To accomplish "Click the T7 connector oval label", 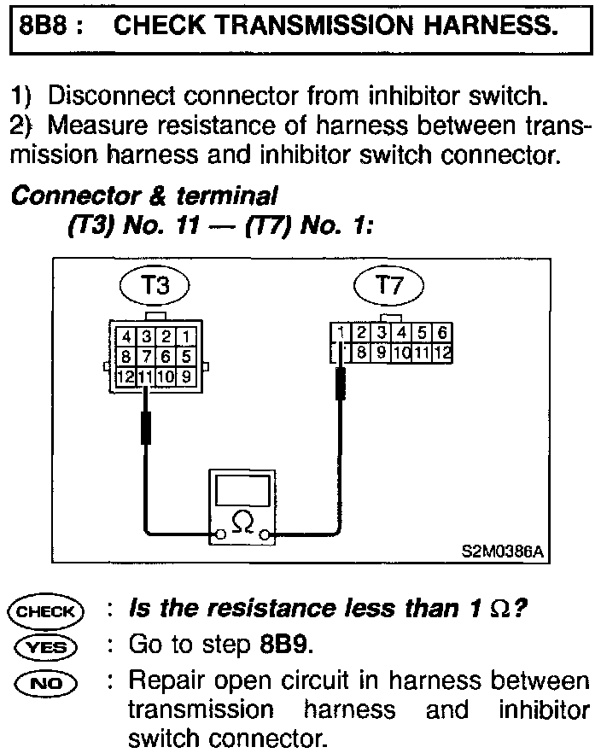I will (x=388, y=285).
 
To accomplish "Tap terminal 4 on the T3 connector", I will (x=125, y=337).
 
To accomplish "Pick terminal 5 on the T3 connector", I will (x=186, y=357).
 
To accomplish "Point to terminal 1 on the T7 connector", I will (x=341, y=332).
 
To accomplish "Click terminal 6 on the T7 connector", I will (x=443, y=332).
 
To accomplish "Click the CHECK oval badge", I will (x=46, y=611).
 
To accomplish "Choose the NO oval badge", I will (x=46, y=682).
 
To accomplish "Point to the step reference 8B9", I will (x=283, y=645).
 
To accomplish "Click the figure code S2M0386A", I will (x=500, y=552).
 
